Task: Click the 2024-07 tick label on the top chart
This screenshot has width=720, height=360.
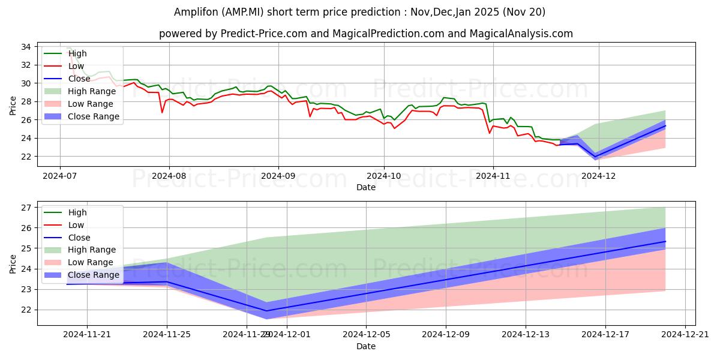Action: (59, 176)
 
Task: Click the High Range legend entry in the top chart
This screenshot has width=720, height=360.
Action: (92, 91)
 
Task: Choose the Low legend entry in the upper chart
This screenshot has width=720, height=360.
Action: (77, 66)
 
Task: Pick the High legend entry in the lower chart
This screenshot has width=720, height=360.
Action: (77, 212)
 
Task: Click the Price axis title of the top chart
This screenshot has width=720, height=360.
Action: (13, 105)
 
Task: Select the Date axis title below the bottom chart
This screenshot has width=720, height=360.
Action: (366, 346)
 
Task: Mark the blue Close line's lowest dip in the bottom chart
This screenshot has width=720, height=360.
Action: (266, 311)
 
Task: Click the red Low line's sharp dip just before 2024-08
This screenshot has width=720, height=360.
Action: (162, 112)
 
